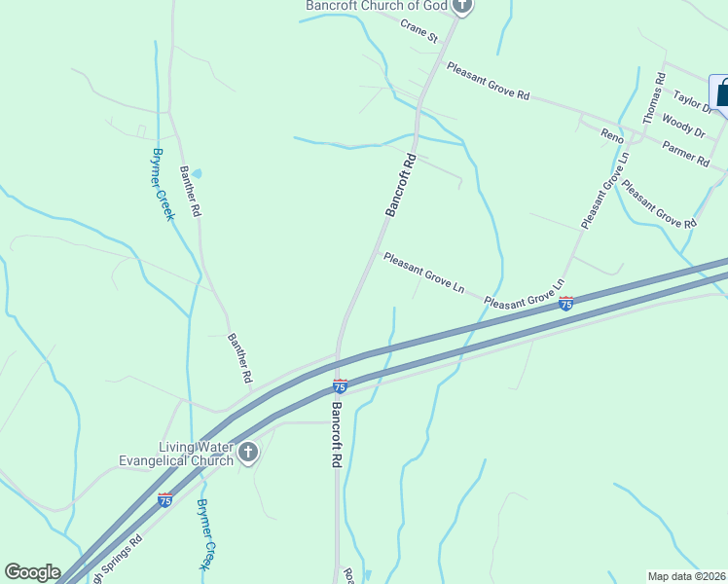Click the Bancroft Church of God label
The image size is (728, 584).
pos(376,6)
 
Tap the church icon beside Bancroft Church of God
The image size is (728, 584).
pos(462,6)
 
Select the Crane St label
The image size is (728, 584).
pos(420,31)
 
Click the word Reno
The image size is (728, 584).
pos(611,135)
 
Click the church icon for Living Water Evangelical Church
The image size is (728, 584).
pos(248,453)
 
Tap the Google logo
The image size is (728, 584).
pos(32,572)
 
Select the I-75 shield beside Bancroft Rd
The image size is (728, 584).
pos(341,386)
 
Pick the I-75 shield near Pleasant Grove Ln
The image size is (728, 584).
pos(566,304)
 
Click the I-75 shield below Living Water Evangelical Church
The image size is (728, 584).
pos(164,500)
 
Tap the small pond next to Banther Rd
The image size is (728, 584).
pos(197,173)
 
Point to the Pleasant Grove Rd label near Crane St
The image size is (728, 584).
pos(488,82)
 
